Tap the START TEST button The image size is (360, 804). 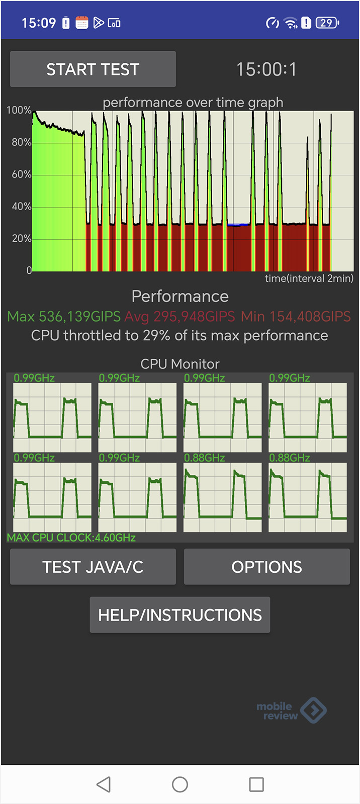pyautogui.click(x=93, y=69)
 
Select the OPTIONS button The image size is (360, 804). pyautogui.click(x=266, y=567)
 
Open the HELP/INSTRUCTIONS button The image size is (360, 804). pyautogui.click(x=180, y=615)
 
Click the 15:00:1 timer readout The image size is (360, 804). pyautogui.click(x=266, y=69)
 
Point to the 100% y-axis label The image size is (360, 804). pyautogui.click(x=19, y=110)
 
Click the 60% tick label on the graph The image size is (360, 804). pyautogui.click(x=22, y=174)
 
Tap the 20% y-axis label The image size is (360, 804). pyautogui.click(x=22, y=238)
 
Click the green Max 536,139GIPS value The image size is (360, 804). pyautogui.click(x=64, y=317)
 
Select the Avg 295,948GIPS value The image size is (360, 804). pyautogui.click(x=179, y=317)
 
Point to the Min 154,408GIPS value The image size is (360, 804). pyautogui.click(x=296, y=317)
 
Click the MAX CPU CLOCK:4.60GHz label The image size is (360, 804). pyautogui.click(x=71, y=538)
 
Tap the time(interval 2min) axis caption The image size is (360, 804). pyautogui.click(x=309, y=278)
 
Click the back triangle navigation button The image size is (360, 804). pyautogui.click(x=104, y=784)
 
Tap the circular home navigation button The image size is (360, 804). pyautogui.click(x=180, y=784)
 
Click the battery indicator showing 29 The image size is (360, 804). pyautogui.click(x=327, y=23)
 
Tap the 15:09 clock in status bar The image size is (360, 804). pyautogui.click(x=39, y=23)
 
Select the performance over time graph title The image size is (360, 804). pyautogui.click(x=193, y=103)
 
